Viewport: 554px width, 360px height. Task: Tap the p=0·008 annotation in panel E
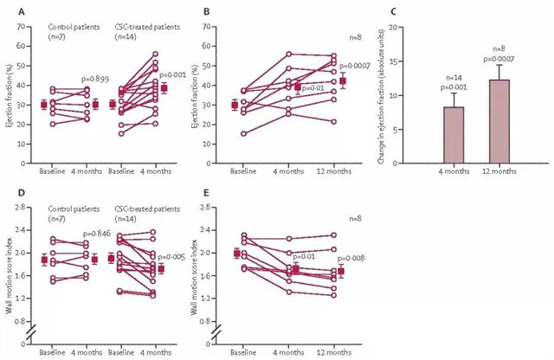352,259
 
